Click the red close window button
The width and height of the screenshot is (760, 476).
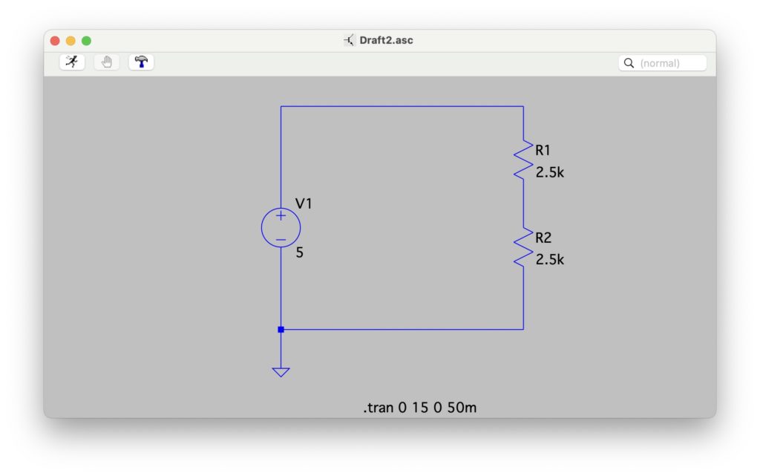55,41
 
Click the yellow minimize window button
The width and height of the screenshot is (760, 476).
71,41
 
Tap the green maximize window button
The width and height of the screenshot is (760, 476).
86,41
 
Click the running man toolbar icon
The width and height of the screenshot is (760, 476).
72,62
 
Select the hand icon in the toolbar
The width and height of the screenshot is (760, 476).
106,62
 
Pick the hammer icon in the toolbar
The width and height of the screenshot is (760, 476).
141,62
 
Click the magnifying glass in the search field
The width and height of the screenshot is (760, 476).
629,63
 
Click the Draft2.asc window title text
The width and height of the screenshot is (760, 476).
386,41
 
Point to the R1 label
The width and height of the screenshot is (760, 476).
543,151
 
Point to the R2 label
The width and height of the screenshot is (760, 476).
543,238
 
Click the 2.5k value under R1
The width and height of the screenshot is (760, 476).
550,172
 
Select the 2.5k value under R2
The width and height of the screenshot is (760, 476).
550,260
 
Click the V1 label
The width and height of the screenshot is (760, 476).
304,203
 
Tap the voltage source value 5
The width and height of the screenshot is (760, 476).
299,252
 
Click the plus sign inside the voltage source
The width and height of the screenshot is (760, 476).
281,215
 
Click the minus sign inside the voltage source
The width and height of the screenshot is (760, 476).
281,239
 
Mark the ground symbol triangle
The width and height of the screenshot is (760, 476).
281,371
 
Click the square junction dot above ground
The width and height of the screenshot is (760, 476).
281,329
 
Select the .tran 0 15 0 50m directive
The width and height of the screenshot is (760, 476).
419,408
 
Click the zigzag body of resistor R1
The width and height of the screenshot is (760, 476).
523,160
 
